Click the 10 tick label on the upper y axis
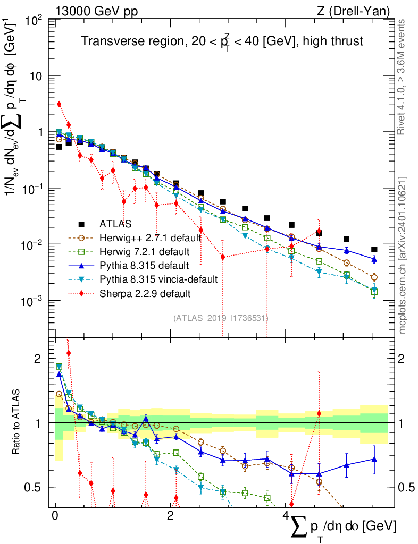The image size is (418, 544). tap(36, 76)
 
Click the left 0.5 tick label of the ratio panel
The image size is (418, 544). tap(36, 487)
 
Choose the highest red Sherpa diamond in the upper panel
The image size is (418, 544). tap(59, 104)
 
